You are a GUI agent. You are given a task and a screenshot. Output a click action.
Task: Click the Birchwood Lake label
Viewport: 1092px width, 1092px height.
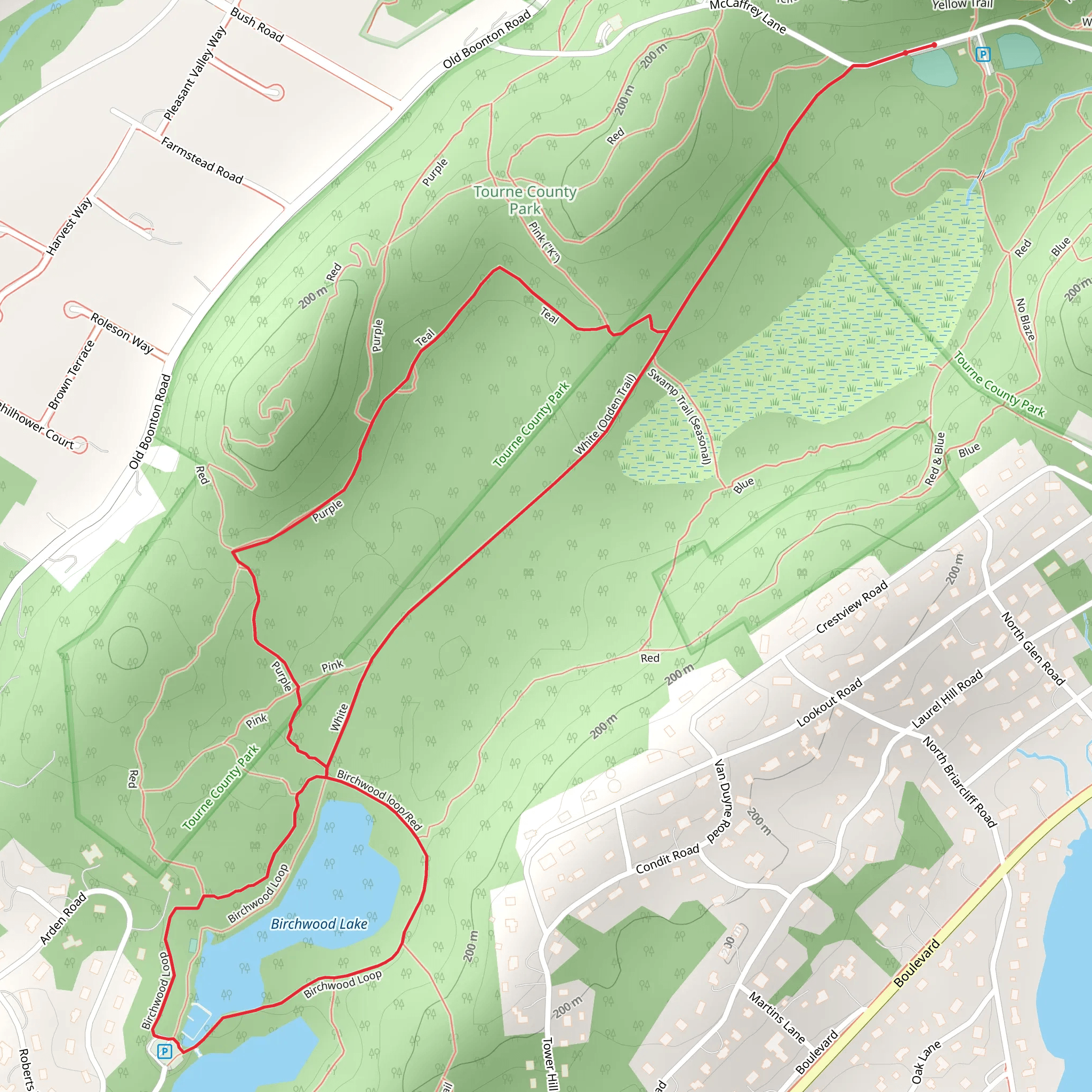319,924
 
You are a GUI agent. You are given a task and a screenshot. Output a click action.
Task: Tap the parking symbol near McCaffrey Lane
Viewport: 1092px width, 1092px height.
983,55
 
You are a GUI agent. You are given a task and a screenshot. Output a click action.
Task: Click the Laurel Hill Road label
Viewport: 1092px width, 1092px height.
947,699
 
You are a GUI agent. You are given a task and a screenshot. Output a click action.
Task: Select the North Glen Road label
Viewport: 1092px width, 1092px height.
1033,648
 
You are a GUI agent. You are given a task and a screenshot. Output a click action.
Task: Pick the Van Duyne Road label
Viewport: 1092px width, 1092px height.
722,802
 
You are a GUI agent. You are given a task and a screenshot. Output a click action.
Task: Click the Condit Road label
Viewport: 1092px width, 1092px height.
668,858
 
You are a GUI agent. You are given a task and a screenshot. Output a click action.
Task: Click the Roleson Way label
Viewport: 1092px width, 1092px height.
122,333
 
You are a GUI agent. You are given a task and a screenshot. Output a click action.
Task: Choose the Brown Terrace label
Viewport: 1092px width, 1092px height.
72,374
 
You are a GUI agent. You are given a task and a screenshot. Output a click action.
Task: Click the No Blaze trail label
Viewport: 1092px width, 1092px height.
1025,320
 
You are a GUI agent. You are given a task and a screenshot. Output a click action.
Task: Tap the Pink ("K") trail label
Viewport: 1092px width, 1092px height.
544,242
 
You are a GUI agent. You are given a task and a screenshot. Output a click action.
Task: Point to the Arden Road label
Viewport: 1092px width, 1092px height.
63,918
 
